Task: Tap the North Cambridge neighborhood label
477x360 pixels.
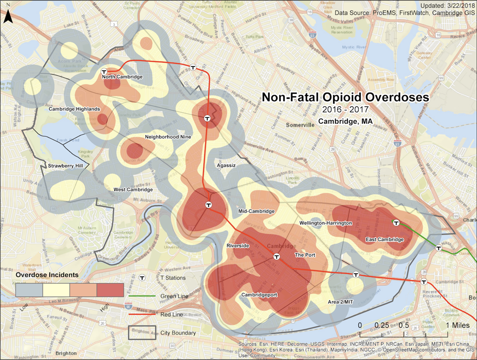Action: point(122,77)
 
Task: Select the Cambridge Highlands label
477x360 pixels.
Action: point(75,109)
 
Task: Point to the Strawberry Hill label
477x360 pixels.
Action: point(65,165)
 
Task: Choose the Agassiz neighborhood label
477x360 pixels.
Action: point(227,165)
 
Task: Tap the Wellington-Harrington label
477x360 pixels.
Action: point(326,224)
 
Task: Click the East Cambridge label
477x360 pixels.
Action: point(385,239)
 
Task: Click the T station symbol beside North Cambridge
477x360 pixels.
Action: point(105,72)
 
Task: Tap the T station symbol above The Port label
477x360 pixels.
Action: point(276,256)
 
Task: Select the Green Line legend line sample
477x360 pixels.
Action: point(142,296)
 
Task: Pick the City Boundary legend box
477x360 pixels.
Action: point(142,332)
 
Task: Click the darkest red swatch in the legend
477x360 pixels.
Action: point(110,290)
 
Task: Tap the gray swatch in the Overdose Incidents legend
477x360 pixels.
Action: point(29,290)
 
